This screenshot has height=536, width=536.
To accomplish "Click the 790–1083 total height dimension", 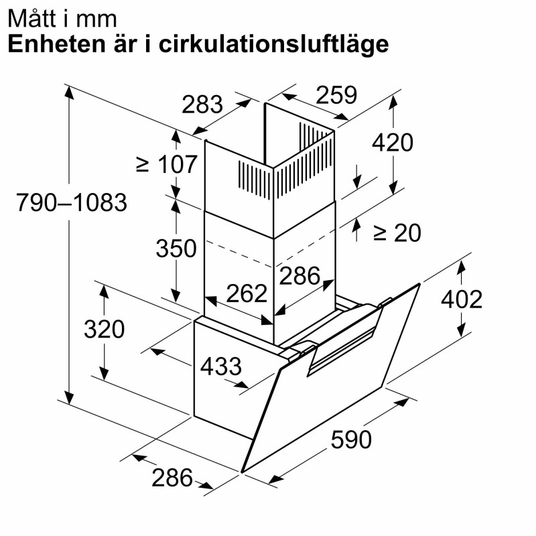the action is pyautogui.click(x=72, y=202).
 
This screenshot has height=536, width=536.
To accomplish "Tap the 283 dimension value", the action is pyautogui.click(x=202, y=105).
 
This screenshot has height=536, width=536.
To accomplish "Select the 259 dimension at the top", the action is pyautogui.click(x=336, y=94).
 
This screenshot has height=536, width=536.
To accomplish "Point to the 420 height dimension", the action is pyautogui.click(x=393, y=143).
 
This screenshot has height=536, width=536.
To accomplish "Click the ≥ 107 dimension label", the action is pyautogui.click(x=166, y=164).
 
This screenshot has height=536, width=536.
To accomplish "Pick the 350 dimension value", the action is pyautogui.click(x=176, y=248).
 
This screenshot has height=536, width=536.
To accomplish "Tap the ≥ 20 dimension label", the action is pyautogui.click(x=397, y=233).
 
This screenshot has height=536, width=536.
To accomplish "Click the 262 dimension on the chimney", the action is pyautogui.click(x=247, y=293).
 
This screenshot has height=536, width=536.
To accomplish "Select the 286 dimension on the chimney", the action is pyautogui.click(x=299, y=275).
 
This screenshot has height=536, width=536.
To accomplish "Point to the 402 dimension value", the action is pyautogui.click(x=462, y=299).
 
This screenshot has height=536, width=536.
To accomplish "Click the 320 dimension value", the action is pyautogui.click(x=105, y=329).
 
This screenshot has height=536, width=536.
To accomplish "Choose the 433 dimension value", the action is pyautogui.click(x=221, y=366).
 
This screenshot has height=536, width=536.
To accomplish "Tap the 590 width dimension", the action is pyautogui.click(x=351, y=440).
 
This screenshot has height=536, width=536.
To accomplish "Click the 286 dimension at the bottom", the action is pyautogui.click(x=172, y=478).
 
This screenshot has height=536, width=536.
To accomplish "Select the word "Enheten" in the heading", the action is pyautogui.click(x=57, y=44).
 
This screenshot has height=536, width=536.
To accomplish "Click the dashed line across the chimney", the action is pyautogui.click(x=270, y=248).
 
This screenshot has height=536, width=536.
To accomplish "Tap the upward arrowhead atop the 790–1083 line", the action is pyautogui.click(x=69, y=92).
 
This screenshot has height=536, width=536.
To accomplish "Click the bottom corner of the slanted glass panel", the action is pyautogui.click(x=242, y=472).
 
